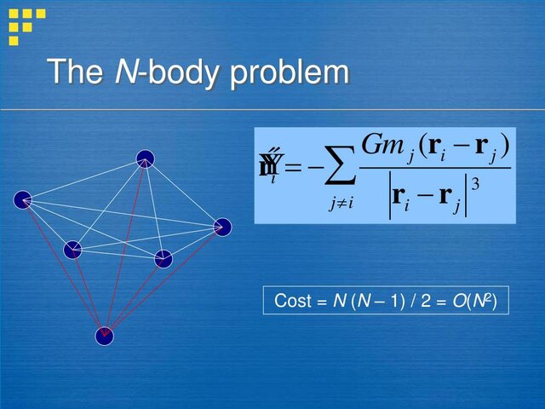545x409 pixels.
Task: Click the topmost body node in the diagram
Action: (x=145, y=158)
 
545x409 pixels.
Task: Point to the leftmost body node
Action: (x=22, y=200)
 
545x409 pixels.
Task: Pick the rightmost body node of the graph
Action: (x=222, y=227)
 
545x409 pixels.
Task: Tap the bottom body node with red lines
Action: (x=104, y=336)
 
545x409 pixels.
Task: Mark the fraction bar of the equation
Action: (x=434, y=167)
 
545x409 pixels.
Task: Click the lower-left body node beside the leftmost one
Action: (x=72, y=249)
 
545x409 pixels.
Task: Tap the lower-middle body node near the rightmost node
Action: (x=163, y=258)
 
